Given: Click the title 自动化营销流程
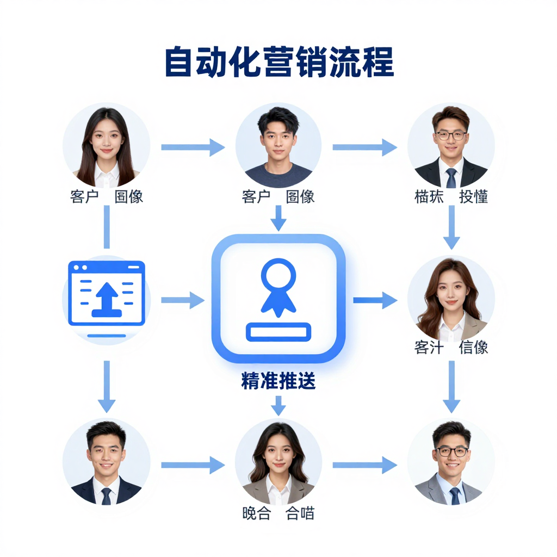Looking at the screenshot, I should click(x=278, y=63).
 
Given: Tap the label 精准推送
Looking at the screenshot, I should click(x=278, y=381).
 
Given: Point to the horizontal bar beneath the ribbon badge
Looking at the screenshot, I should click(x=278, y=332).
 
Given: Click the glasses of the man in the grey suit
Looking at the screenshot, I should click(x=451, y=451).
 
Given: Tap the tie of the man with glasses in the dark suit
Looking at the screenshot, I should click(x=451, y=177).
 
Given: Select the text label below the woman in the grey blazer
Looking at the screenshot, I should click(x=278, y=513).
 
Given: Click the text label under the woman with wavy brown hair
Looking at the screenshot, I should click(x=451, y=348).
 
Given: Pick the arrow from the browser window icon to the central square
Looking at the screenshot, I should click(x=183, y=300).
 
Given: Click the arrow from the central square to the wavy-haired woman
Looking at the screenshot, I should click(x=375, y=300).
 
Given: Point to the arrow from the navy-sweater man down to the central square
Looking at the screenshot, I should click(x=278, y=218).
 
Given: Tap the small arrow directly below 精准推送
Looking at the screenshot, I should click(x=278, y=406).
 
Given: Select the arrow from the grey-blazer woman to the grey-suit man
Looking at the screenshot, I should click(x=364, y=465).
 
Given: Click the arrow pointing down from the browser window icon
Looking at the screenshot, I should click(x=106, y=386).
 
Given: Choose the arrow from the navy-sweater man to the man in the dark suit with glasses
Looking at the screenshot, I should click(x=364, y=147).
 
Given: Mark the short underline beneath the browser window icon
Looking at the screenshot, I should click(x=106, y=336).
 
